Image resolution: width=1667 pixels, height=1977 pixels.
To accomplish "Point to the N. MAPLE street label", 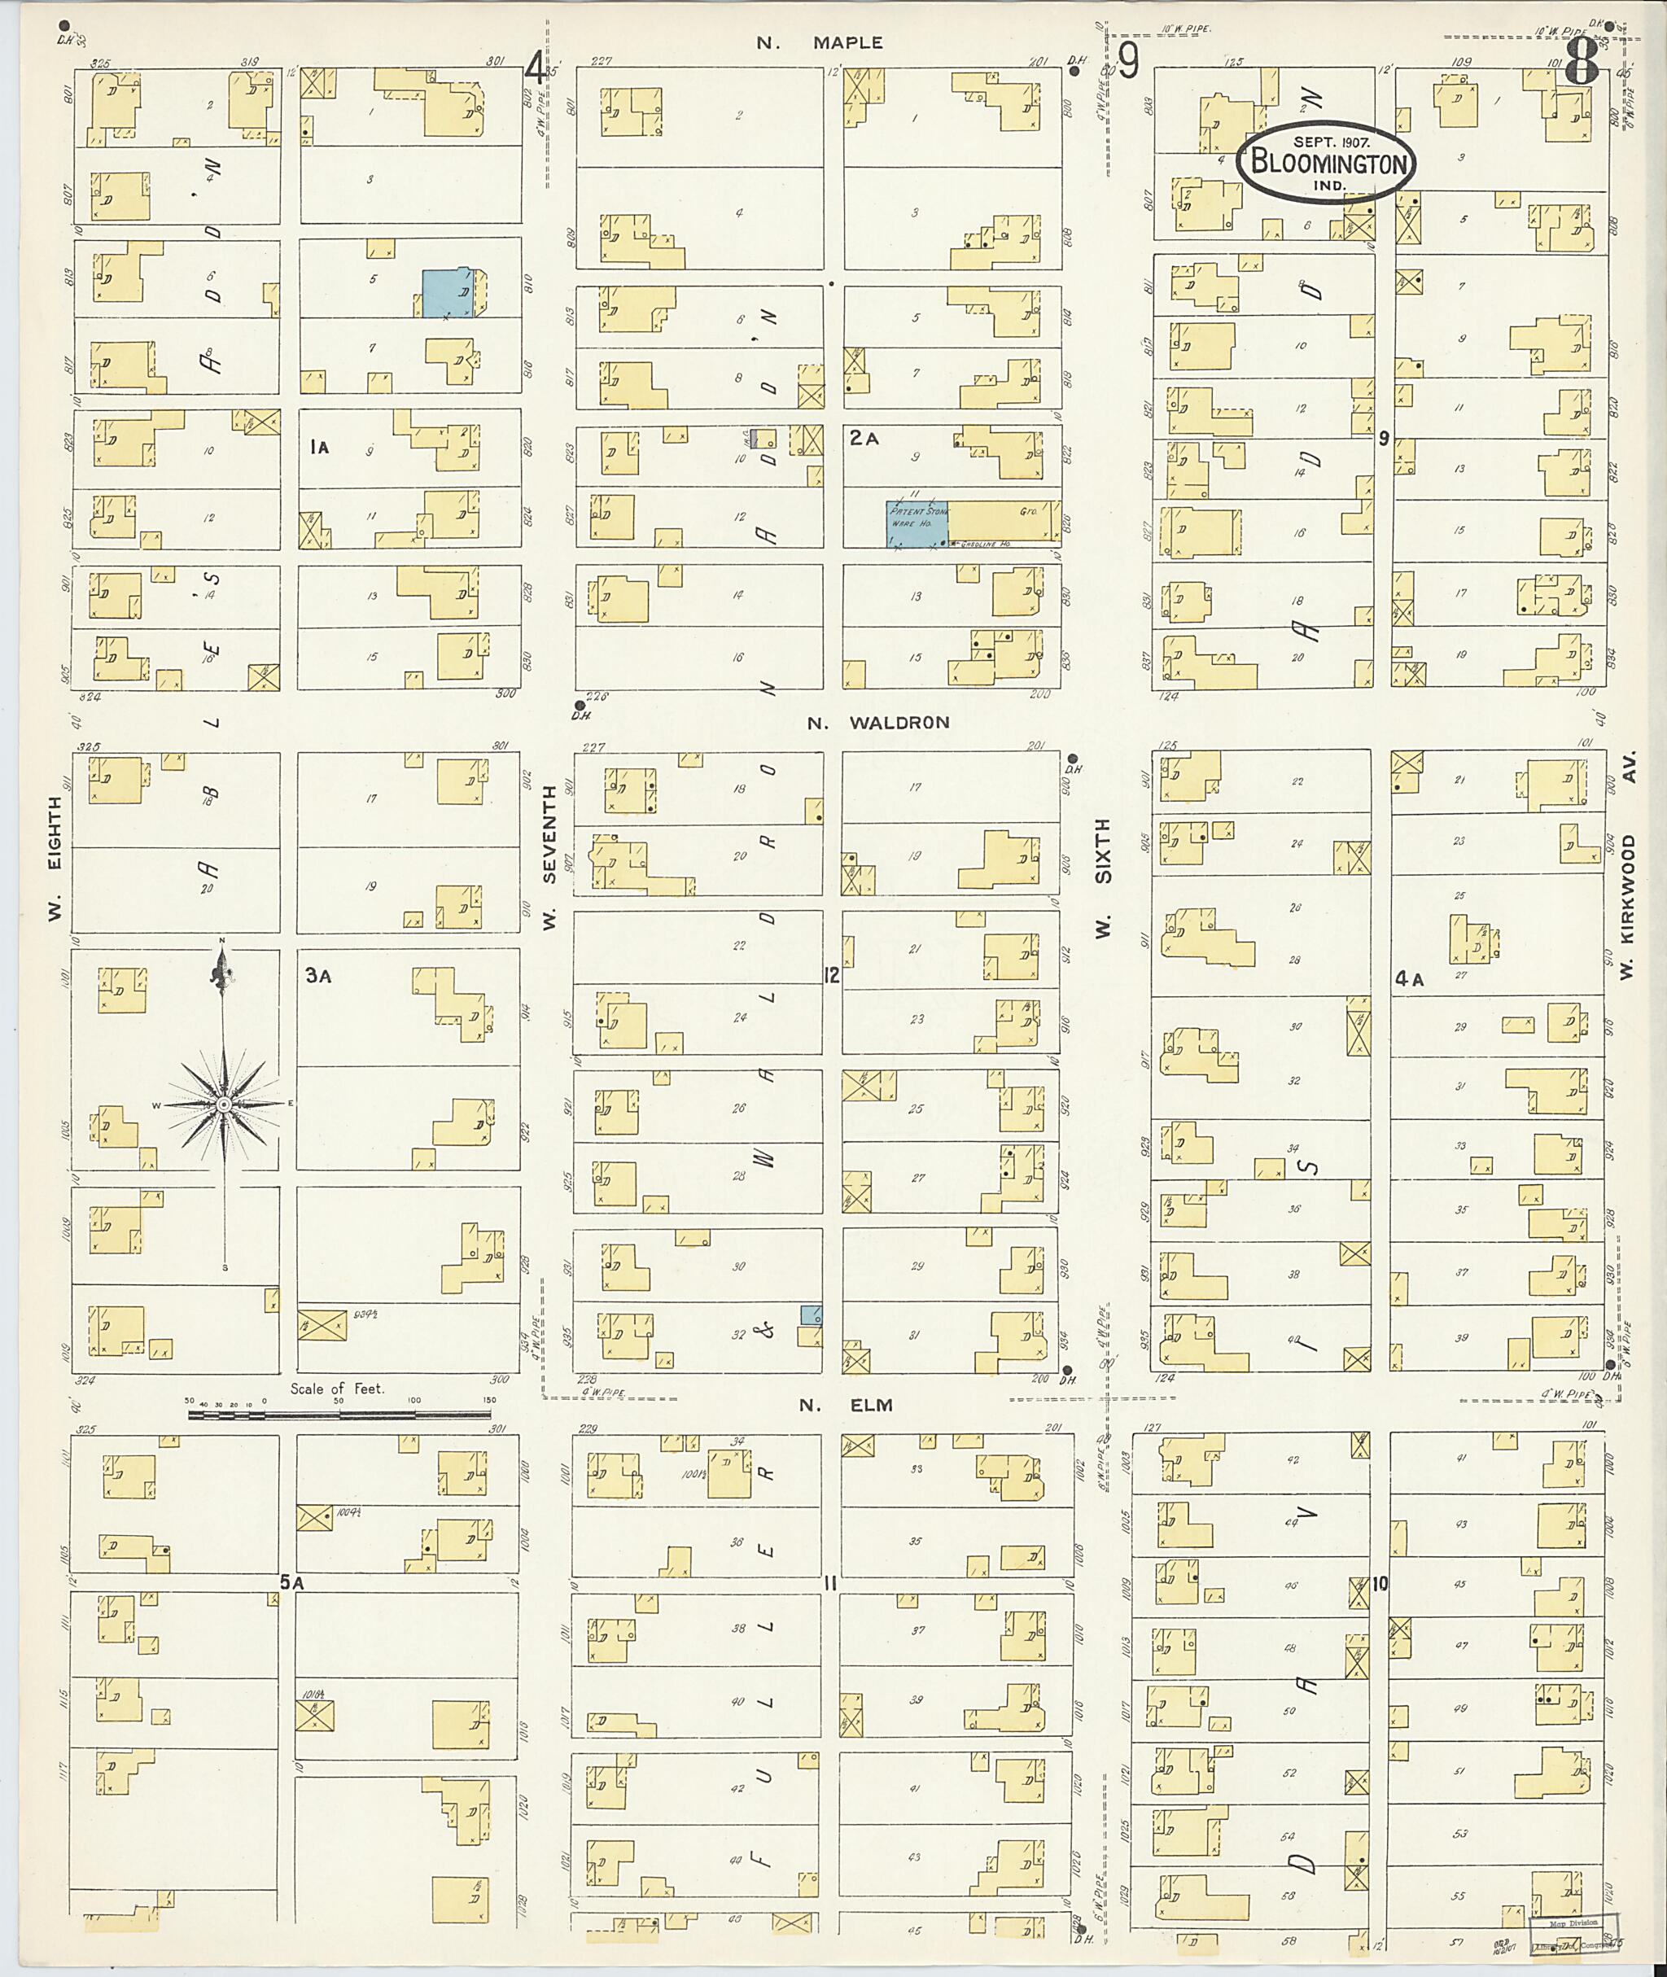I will click(x=820, y=42).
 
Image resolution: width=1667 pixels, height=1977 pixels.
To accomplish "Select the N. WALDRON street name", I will click(x=878, y=723).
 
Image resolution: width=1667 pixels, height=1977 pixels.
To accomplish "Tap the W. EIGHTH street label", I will click(x=55, y=859).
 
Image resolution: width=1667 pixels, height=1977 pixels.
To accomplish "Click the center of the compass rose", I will click(x=224, y=1104).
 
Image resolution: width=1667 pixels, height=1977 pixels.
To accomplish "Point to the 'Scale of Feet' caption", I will click(x=337, y=1389).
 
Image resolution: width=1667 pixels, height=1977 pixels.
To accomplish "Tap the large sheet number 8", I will click(x=1581, y=65).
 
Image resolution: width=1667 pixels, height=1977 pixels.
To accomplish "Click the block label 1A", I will click(x=319, y=448).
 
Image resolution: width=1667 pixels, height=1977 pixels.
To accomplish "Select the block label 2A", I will click(x=864, y=439).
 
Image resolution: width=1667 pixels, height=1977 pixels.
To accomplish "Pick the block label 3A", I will click(x=317, y=976).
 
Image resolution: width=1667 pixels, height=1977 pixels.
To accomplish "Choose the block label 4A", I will click(x=1409, y=980).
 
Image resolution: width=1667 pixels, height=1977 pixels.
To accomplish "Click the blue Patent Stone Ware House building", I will click(x=916, y=523).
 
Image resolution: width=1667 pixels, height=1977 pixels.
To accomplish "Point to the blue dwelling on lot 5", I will click(x=448, y=292).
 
